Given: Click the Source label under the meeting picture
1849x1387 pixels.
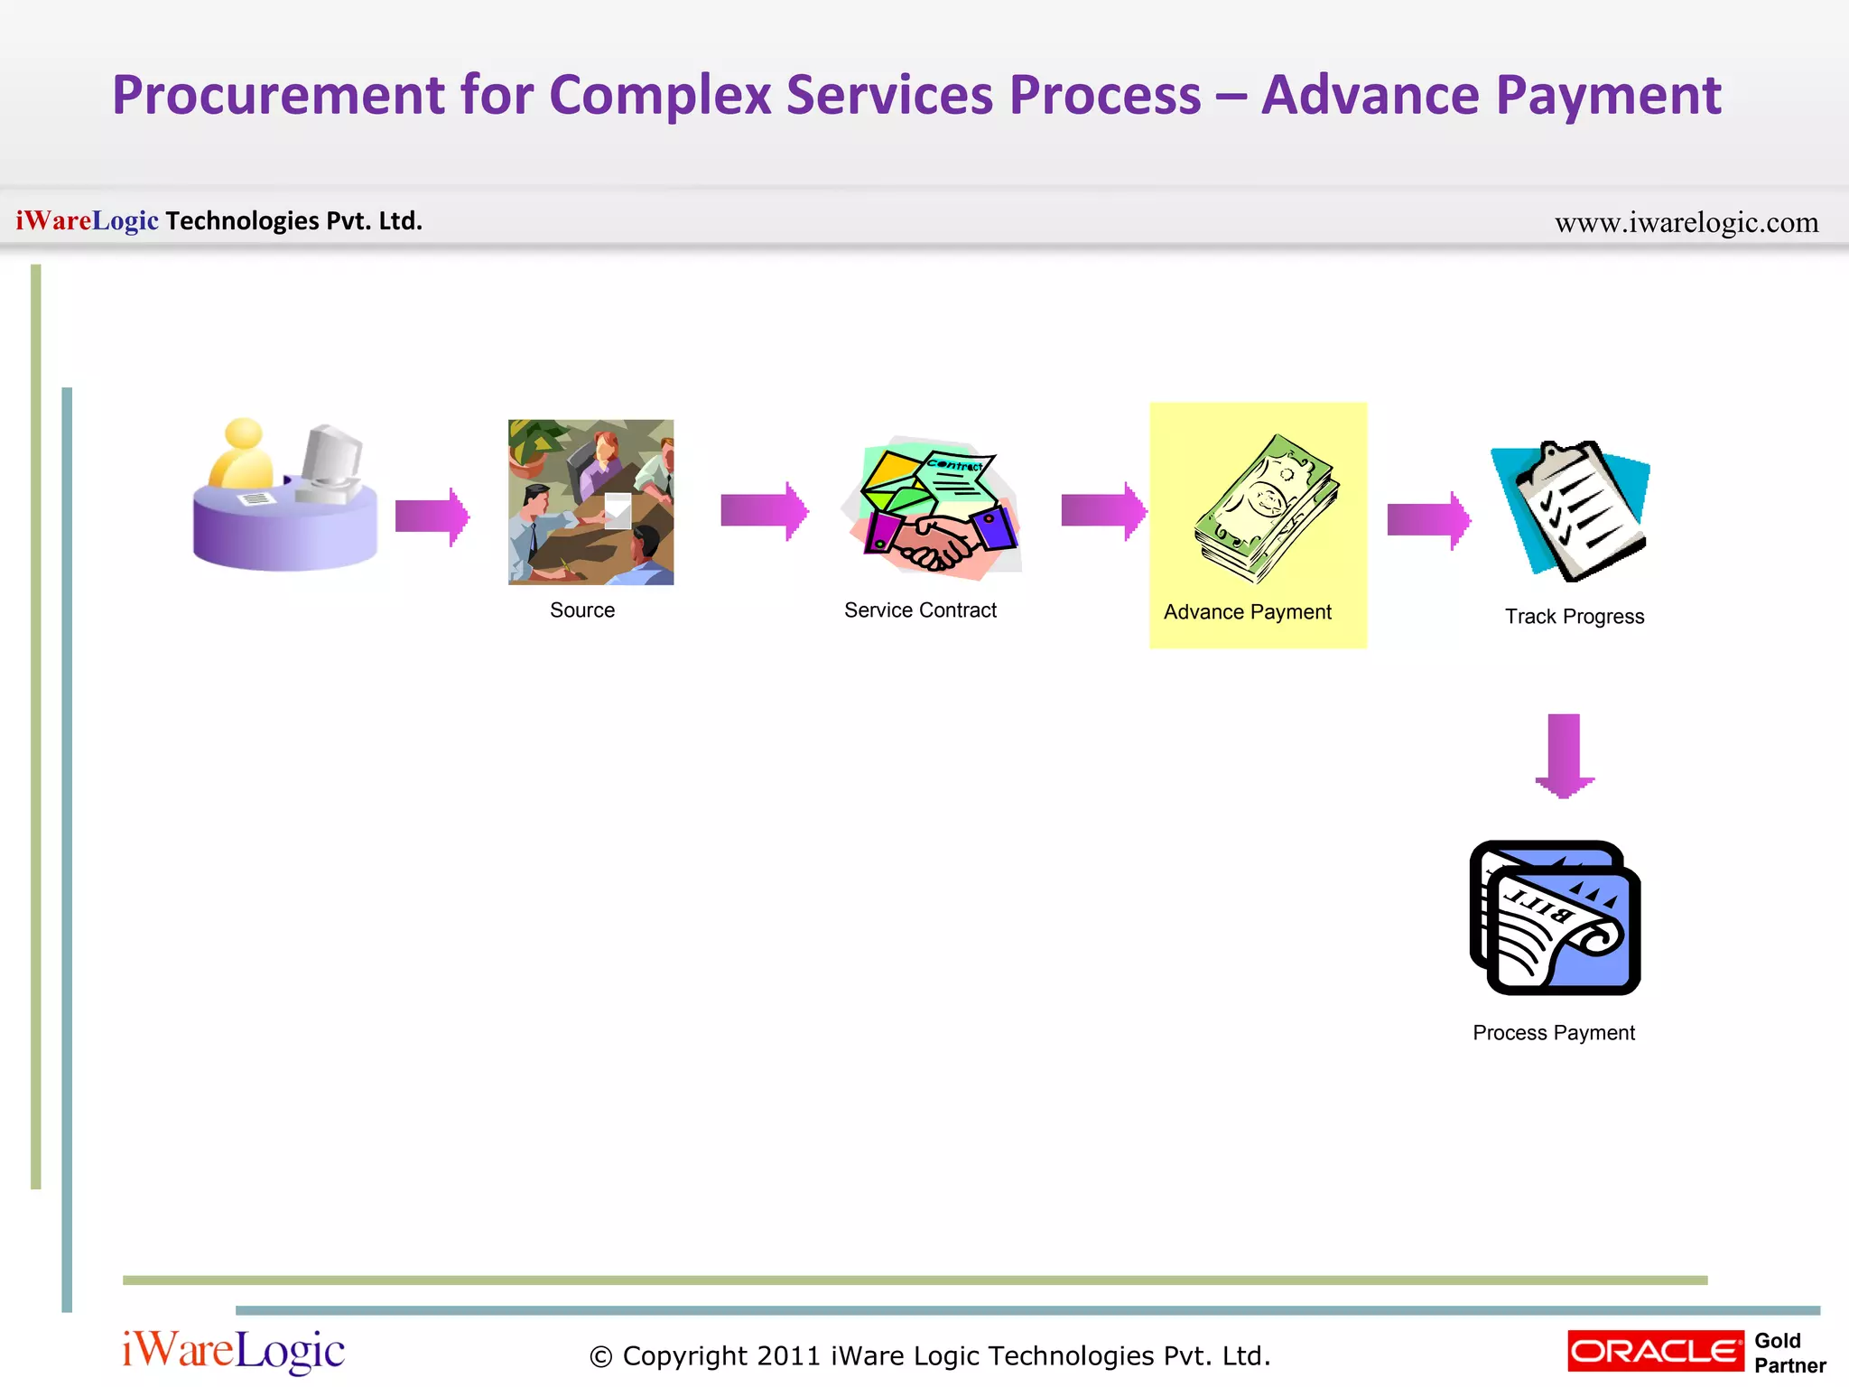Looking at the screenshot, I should [x=582, y=610].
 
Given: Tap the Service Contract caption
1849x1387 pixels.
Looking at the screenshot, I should [x=920, y=610].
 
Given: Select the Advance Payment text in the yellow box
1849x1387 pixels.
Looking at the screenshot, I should [x=1247, y=612].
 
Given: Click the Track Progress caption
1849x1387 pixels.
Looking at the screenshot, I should [x=1574, y=617].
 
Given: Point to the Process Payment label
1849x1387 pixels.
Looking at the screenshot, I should [x=1553, y=1033].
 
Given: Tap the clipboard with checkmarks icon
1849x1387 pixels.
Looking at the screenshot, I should [x=1575, y=509].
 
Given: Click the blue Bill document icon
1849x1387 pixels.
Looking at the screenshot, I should [x=1556, y=918].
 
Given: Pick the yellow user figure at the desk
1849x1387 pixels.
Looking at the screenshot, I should [x=241, y=456].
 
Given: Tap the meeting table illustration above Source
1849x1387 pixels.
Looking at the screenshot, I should [x=590, y=502].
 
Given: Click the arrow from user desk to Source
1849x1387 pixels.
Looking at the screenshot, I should [x=432, y=517].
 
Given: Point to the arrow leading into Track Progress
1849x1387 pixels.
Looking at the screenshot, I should [x=1428, y=520].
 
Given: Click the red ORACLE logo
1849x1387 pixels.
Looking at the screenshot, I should [x=1655, y=1351].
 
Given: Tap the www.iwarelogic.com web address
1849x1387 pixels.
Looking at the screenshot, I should [x=1686, y=222].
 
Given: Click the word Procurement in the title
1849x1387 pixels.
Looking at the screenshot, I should [x=278, y=95].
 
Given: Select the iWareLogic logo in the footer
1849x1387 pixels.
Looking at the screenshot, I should [x=233, y=1351].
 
